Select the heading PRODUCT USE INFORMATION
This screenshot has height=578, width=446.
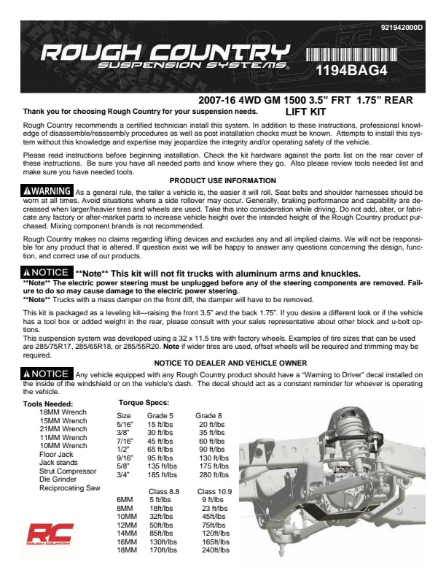point(222,180)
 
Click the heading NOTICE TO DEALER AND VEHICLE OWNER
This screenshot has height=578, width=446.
point(230,363)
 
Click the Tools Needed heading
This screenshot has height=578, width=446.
point(48,403)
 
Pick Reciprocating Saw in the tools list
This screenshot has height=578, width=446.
point(70,488)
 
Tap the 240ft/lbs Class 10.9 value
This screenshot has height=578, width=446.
point(215,550)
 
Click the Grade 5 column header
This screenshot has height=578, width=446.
point(160,415)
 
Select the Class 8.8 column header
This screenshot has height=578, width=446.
point(164,492)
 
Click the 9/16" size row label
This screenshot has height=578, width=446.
point(125,458)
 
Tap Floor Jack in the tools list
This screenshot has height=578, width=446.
point(57,454)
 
